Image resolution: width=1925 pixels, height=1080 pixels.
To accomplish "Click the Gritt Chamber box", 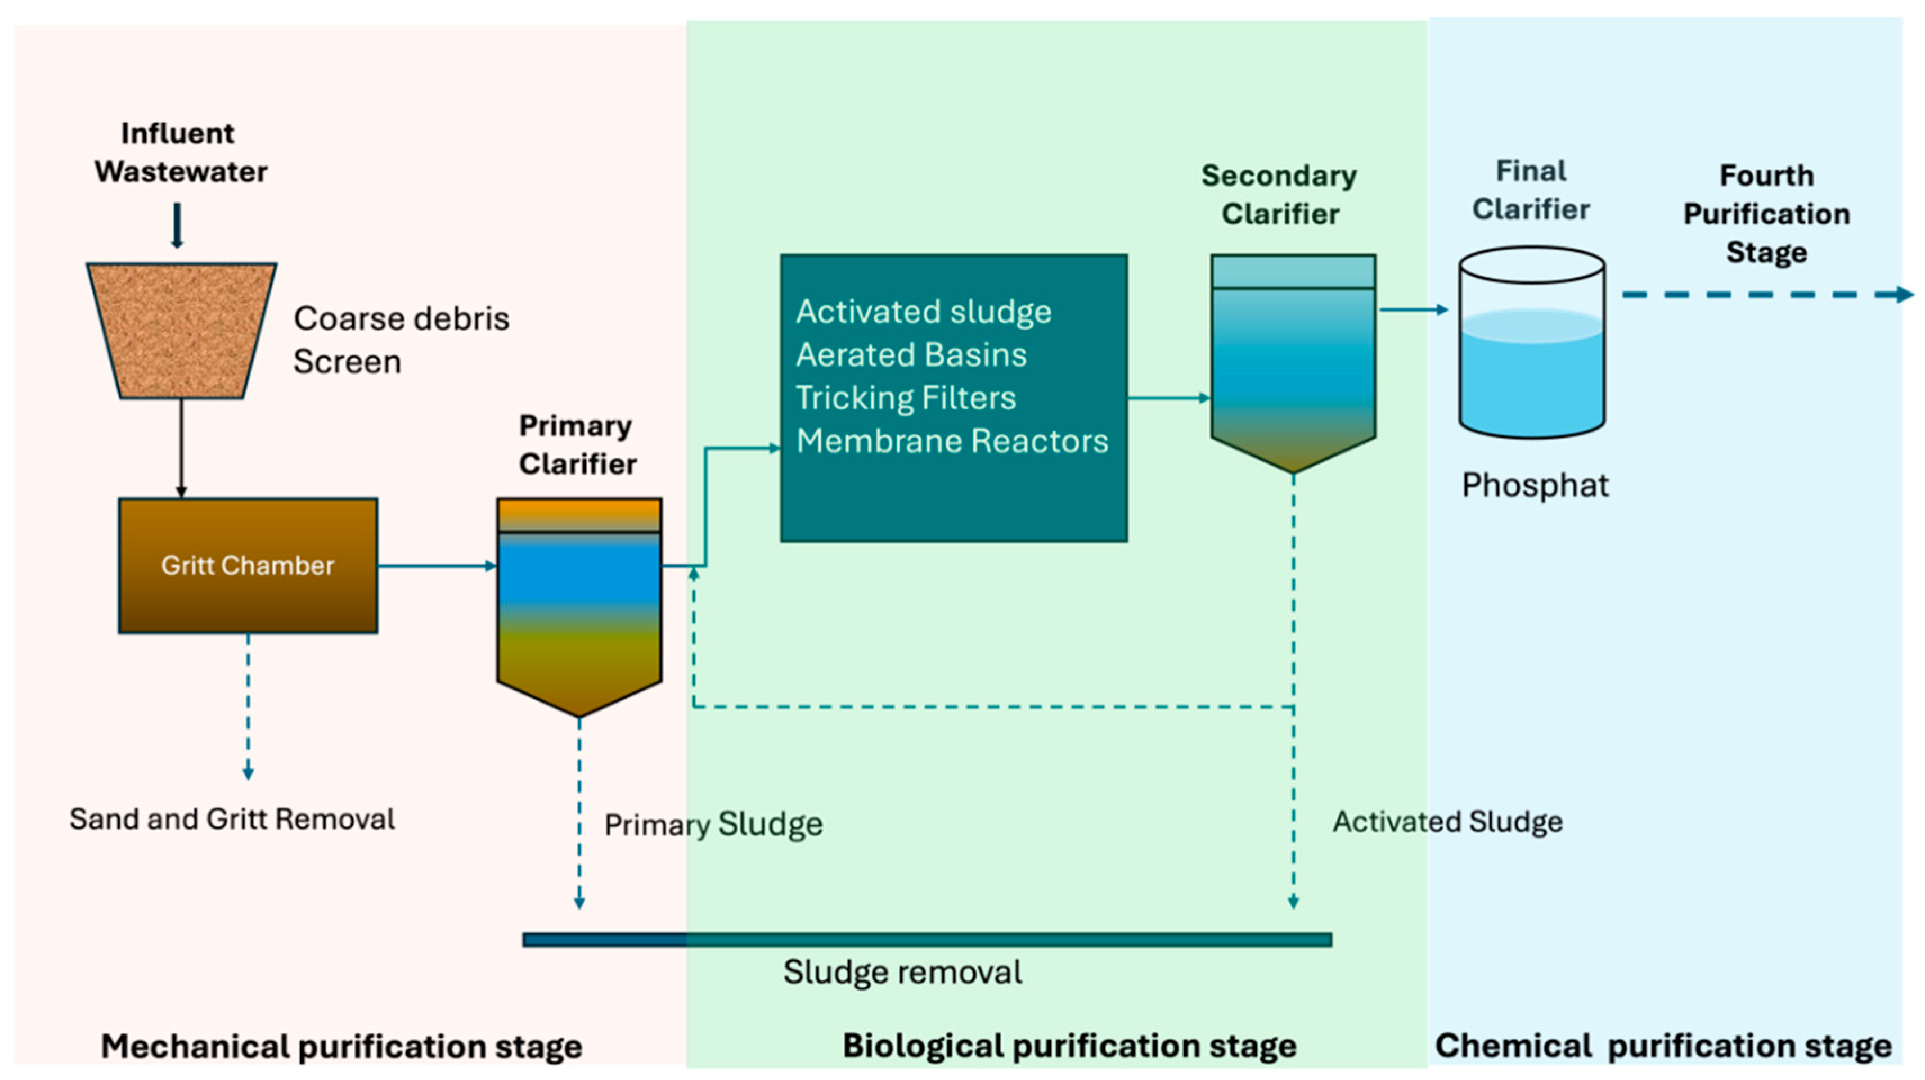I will click(x=248, y=566).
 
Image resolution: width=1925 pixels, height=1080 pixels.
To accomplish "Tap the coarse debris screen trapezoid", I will click(x=181, y=330).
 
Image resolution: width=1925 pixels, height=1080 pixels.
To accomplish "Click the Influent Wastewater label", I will click(x=180, y=152).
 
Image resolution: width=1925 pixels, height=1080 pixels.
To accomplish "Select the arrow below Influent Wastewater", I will click(x=177, y=225).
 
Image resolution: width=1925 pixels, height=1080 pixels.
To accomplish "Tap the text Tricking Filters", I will click(x=906, y=398).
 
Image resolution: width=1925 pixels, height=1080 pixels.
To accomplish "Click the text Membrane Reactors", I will click(x=952, y=441).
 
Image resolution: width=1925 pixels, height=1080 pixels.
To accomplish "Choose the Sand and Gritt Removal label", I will click(x=232, y=819).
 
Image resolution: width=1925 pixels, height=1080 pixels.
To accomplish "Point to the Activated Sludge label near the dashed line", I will click(x=1447, y=821).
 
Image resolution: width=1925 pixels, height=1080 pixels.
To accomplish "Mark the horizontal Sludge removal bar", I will click(x=926, y=939).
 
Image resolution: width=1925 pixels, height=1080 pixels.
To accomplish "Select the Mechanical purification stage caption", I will click(x=341, y=1046).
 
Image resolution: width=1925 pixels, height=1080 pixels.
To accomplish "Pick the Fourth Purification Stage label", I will click(x=1766, y=214).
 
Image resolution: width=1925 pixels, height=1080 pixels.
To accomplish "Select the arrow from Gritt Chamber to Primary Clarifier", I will click(x=437, y=566).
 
